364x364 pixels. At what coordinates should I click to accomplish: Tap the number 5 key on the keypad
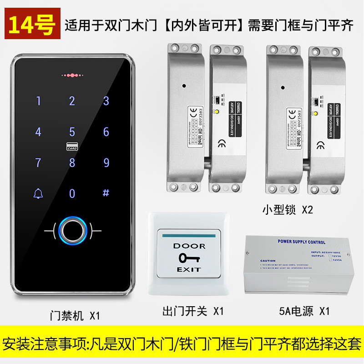[72, 132]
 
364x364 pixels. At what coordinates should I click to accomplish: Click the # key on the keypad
[106, 193]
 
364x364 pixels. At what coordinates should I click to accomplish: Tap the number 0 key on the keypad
[72, 193]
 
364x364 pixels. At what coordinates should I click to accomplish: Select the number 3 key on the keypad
[106, 101]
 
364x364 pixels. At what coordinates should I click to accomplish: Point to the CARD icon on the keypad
[72, 147]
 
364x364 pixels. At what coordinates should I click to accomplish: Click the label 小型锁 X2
[288, 210]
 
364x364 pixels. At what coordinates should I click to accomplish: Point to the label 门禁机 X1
[75, 315]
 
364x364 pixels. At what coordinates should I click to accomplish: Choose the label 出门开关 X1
[193, 311]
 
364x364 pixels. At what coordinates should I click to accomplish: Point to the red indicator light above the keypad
[72, 74]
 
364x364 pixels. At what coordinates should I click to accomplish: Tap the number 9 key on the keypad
[106, 162]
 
